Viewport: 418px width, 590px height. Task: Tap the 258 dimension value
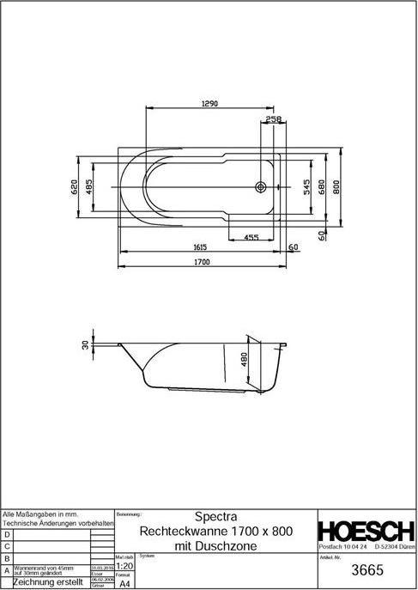273,119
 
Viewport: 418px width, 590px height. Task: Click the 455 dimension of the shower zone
251,236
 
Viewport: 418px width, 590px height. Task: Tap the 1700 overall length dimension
201,262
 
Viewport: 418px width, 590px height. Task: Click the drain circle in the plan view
261,185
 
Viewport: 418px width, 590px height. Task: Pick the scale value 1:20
124,567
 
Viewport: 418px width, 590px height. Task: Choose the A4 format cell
124,584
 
